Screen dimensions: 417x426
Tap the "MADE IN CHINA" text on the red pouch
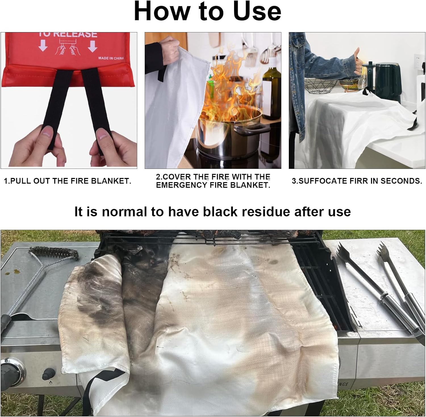tap(111, 58)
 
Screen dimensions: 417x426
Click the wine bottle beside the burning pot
tap(271, 91)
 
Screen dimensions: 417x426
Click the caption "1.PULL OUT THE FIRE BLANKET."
tap(68, 181)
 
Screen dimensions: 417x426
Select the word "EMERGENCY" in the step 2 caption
tap(182, 185)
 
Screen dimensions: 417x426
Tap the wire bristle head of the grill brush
tap(54, 253)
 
